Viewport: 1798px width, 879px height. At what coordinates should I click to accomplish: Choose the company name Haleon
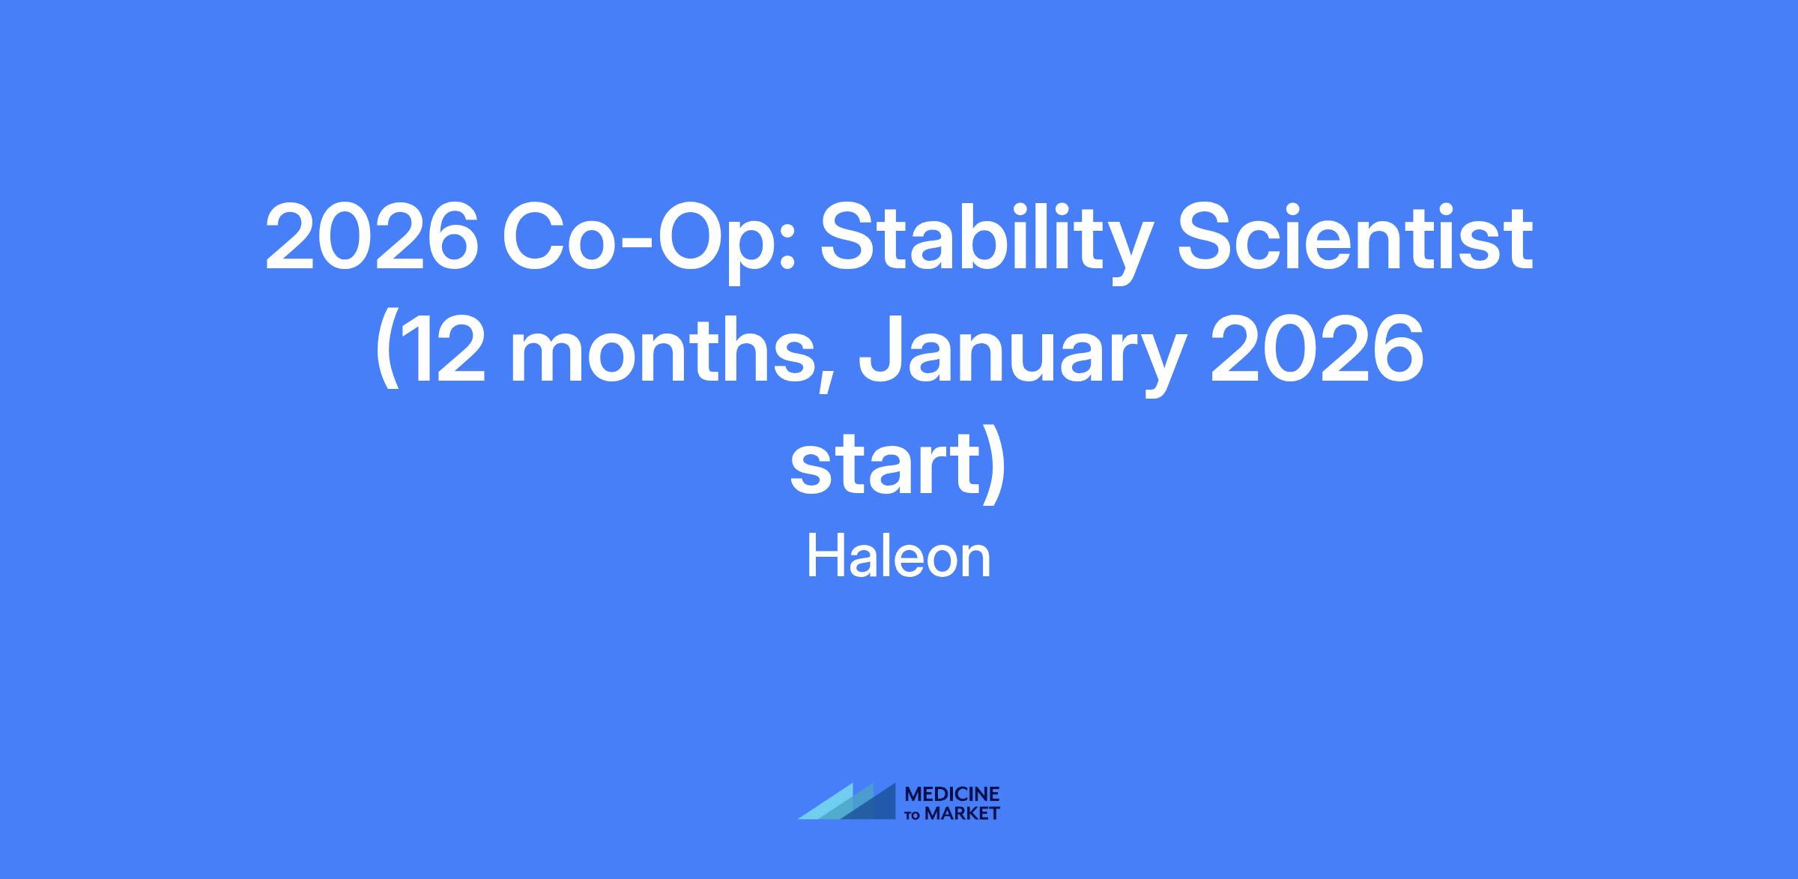coord(899,557)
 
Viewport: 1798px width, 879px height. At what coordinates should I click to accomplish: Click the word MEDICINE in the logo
coord(952,794)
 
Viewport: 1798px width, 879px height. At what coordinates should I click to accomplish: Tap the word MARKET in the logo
coord(962,813)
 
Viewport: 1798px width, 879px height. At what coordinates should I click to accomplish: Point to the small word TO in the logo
coord(914,815)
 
